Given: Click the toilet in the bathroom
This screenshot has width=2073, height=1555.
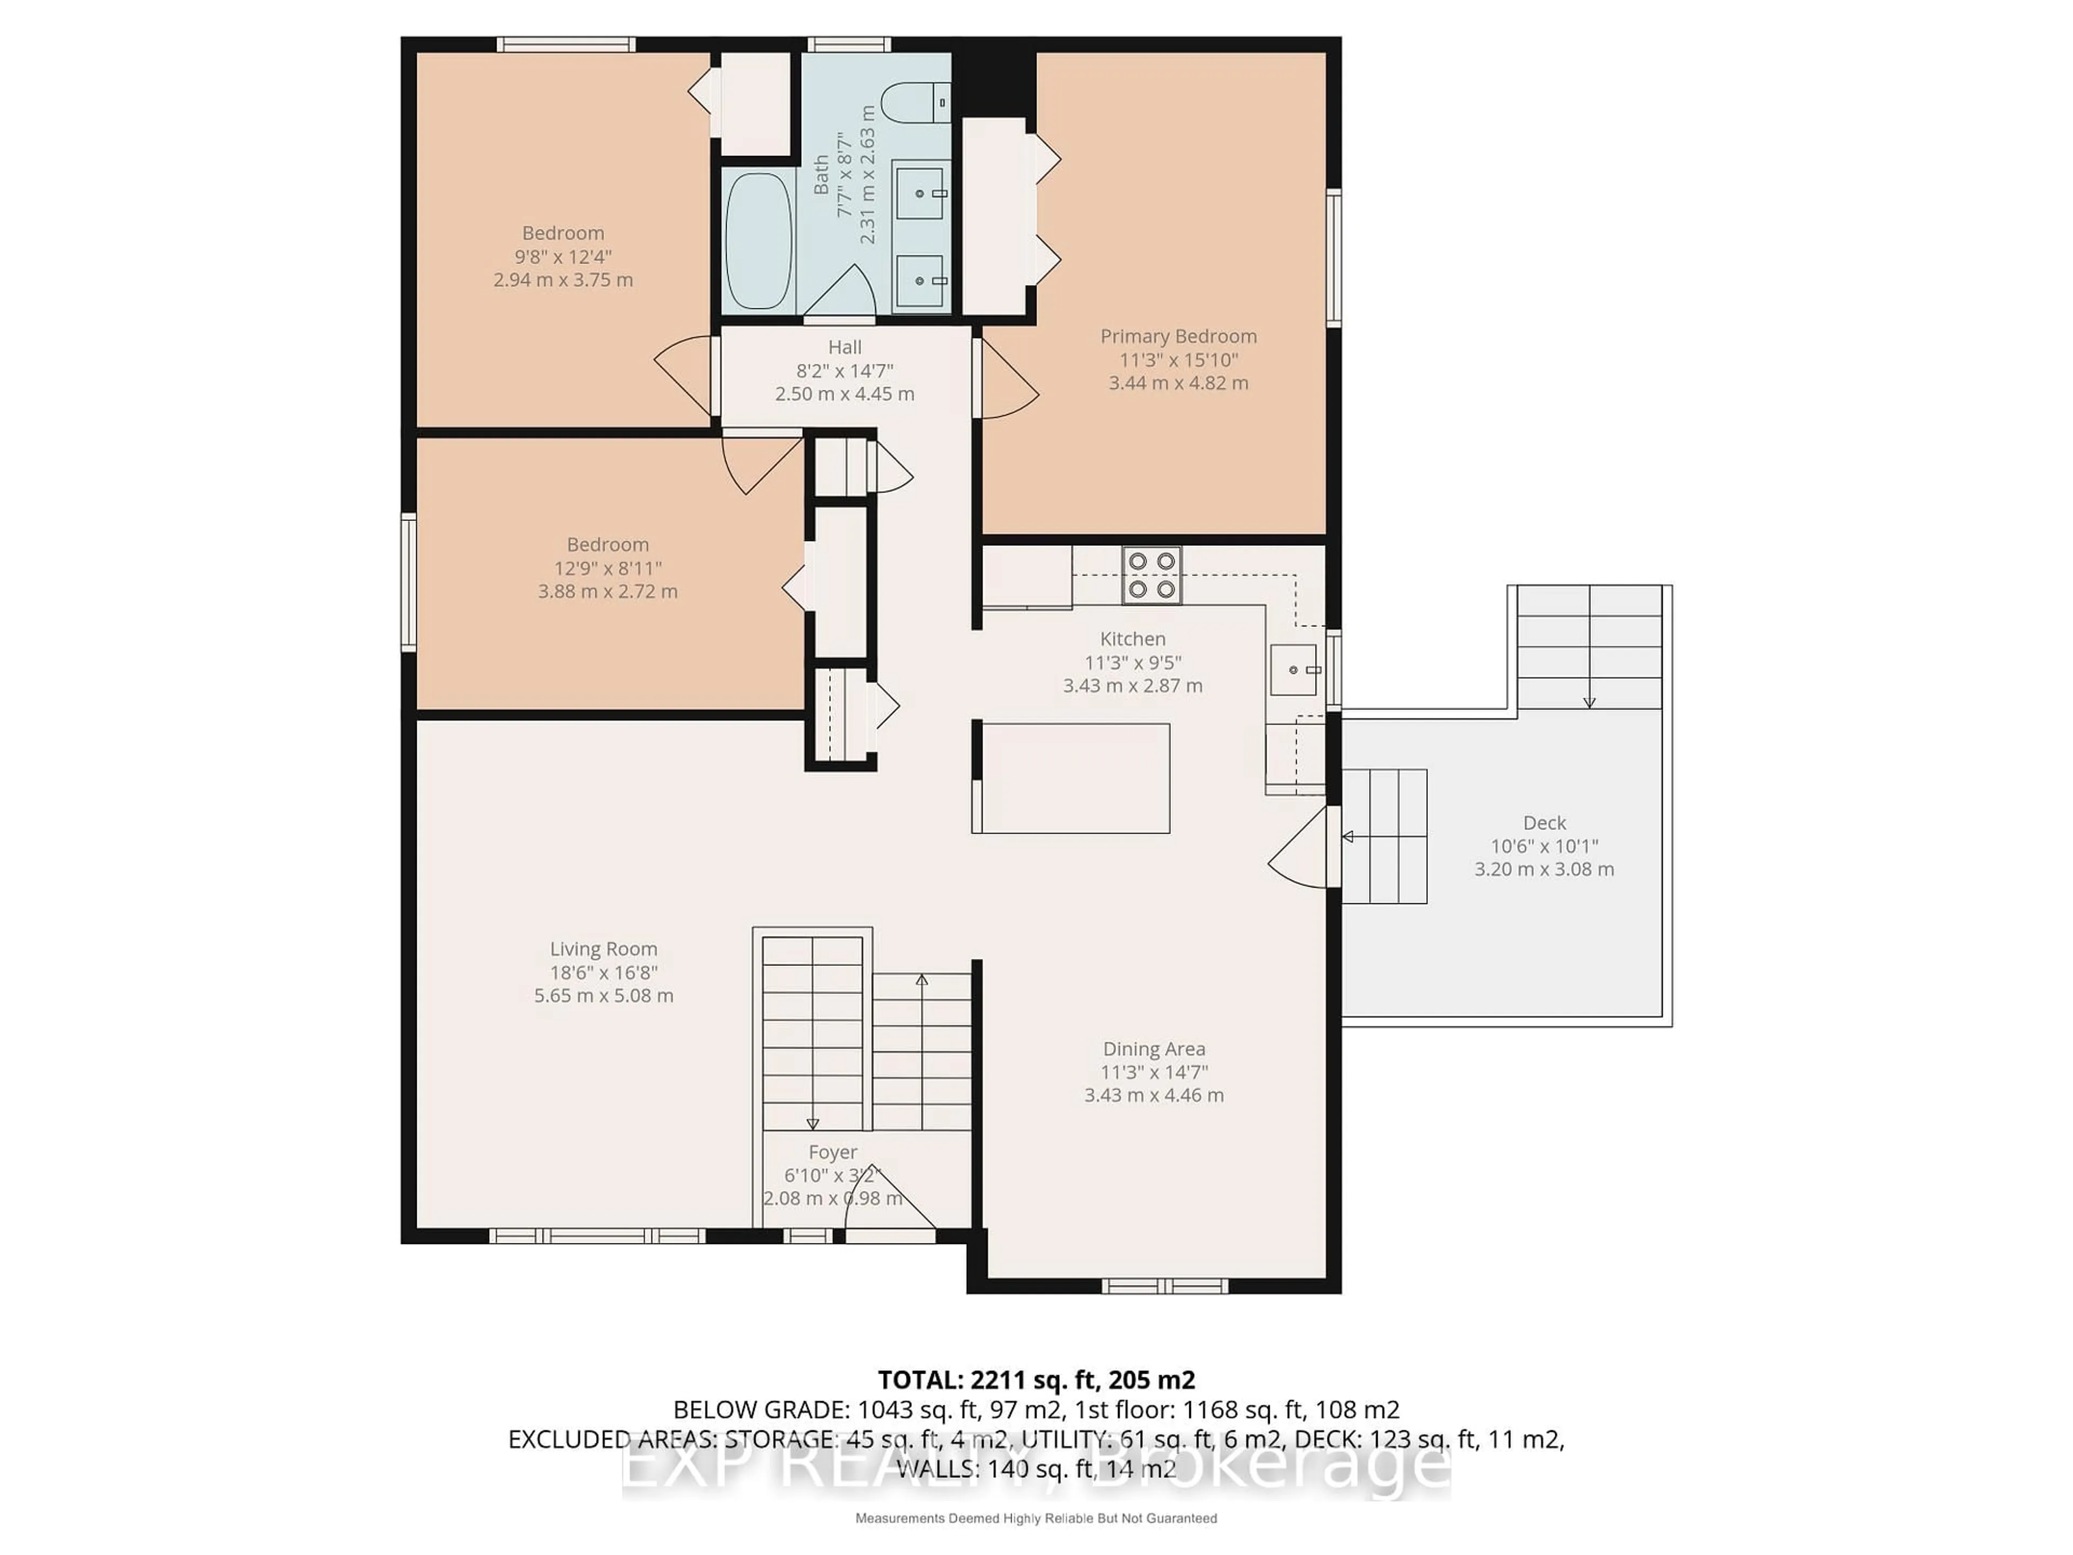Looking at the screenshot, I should [914, 101].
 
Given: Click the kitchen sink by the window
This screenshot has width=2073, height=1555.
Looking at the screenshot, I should [1293, 669].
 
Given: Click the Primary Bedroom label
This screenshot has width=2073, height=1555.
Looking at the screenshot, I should [1178, 335].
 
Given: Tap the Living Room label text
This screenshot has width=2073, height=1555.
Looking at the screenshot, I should [604, 949].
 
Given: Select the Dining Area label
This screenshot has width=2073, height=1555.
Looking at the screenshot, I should [1154, 1049].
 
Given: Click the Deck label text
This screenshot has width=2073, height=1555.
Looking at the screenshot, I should [1543, 822].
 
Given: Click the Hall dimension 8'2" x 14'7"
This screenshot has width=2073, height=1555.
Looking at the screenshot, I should [844, 370].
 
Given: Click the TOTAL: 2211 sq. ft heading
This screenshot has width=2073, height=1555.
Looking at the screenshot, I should [1035, 1380].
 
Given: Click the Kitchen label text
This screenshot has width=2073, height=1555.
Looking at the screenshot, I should [1132, 638].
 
